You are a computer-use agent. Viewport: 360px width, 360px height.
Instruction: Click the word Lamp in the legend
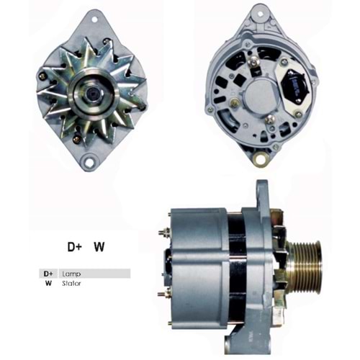tap(71, 274)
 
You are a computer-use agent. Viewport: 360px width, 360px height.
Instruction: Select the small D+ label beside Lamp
tap(49, 274)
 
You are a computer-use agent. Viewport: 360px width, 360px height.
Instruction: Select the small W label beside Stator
tap(49, 284)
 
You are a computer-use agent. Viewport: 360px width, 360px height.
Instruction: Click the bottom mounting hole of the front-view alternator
tap(89, 162)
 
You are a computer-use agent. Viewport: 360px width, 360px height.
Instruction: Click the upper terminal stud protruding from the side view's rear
tap(161, 231)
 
